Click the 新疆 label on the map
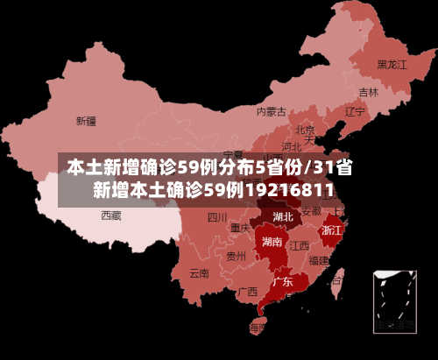pyautogui.click(x=86, y=121)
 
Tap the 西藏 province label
pyautogui.click(x=110, y=215)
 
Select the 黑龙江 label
pyautogui.click(x=392, y=65)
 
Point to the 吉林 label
pyautogui.click(x=368, y=92)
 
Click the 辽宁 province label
pyautogui.click(x=354, y=112)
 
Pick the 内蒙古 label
pyautogui.click(x=272, y=111)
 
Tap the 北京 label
pyautogui.click(x=305, y=130)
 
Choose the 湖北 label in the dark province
pyautogui.click(x=283, y=216)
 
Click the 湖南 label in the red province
pyautogui.click(x=272, y=242)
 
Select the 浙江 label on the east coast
pyautogui.click(x=332, y=230)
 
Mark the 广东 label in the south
pyautogui.click(x=282, y=282)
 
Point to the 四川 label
pyautogui.click(x=217, y=217)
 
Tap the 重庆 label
pyautogui.click(x=240, y=228)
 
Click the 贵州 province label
pyautogui.click(x=236, y=257)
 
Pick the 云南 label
pyautogui.click(x=199, y=272)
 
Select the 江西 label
pyautogui.click(x=300, y=245)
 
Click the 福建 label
pyautogui.click(x=319, y=260)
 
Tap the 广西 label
pyautogui.click(x=247, y=292)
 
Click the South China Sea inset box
pyautogui.click(x=394, y=301)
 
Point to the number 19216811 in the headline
pyautogui.click(x=288, y=190)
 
